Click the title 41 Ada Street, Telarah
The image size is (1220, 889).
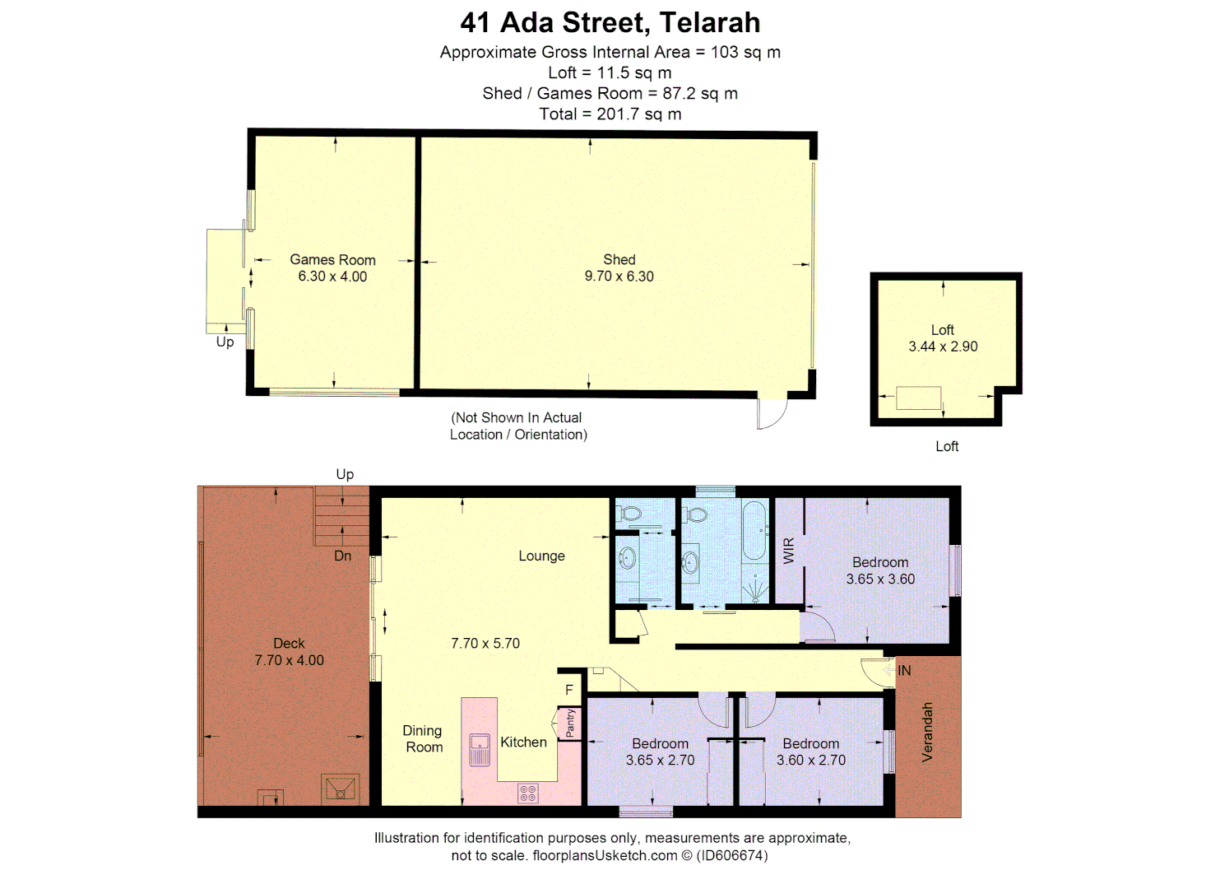610,22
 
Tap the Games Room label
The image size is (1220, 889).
332,259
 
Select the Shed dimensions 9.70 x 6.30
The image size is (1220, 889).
619,277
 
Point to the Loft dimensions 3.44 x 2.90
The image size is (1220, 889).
943,347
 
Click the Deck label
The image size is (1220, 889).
289,643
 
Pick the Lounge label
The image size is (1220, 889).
541,556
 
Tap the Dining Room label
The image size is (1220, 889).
423,738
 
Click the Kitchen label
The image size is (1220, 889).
523,742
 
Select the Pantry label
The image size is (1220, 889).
570,724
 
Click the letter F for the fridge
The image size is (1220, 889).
568,690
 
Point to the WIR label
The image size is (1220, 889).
789,550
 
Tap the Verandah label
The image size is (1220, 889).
927,732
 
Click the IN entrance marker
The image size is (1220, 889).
904,670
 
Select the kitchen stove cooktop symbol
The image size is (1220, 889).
527,794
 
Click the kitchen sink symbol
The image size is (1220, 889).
480,749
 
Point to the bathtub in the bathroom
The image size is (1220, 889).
754,531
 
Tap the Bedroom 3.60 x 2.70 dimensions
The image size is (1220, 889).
810,760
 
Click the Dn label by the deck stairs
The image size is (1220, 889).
343,556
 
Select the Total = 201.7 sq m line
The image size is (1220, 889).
610,114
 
